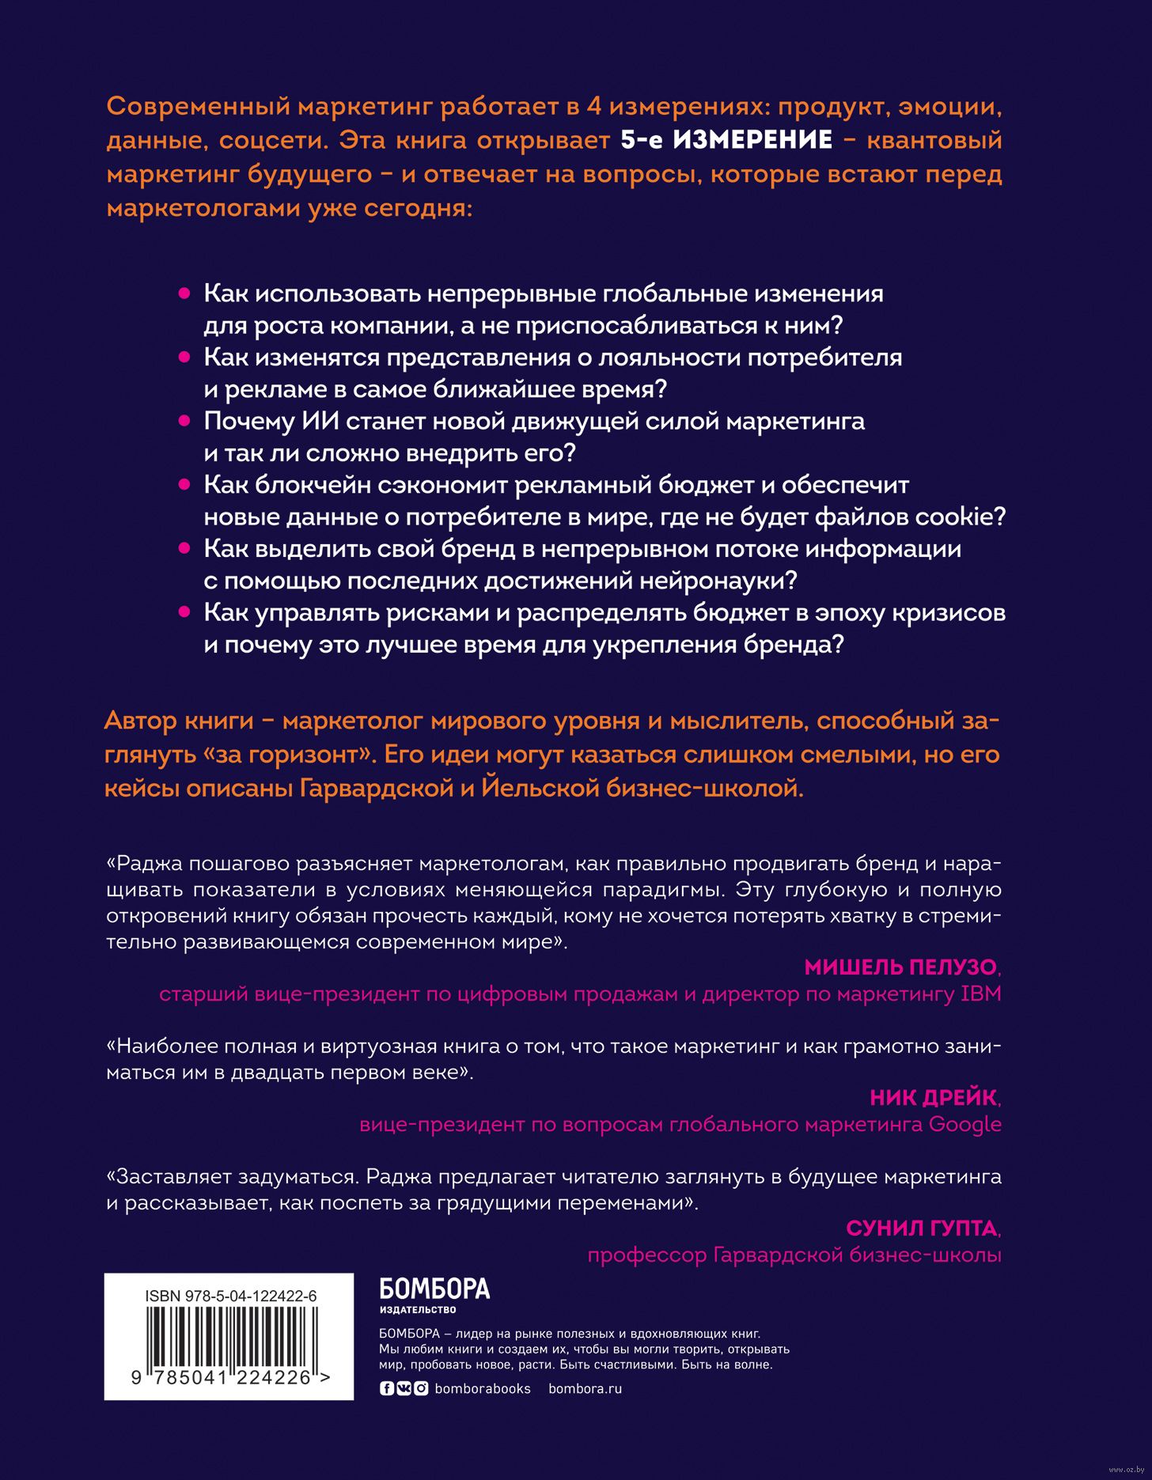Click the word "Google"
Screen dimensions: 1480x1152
[964, 1124]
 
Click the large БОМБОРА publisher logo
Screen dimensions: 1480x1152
[434, 1290]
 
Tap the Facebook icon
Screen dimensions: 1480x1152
[387, 1388]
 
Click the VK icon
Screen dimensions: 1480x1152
[404, 1388]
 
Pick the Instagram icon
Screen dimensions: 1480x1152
[421, 1388]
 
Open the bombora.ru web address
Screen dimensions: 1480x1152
[585, 1388]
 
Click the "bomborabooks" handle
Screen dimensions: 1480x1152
[483, 1388]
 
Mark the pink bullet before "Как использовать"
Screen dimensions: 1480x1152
[184, 293]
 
